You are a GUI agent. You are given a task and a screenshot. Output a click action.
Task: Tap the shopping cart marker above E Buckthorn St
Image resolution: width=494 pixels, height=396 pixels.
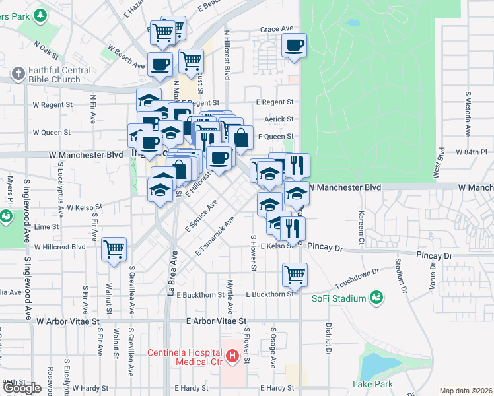295,274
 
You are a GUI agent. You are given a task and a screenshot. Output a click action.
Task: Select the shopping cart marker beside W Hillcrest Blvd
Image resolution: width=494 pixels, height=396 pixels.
114,249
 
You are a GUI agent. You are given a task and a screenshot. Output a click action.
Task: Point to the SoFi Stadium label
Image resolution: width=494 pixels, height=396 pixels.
339,298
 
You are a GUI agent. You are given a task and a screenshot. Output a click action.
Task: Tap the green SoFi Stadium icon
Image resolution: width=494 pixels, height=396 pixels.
376,298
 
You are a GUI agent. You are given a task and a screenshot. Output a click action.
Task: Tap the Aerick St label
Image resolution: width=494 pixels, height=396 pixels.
279,119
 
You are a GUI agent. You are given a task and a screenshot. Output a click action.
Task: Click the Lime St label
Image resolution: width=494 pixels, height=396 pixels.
46,226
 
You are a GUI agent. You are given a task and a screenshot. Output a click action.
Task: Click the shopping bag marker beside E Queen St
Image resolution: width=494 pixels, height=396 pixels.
241,138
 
